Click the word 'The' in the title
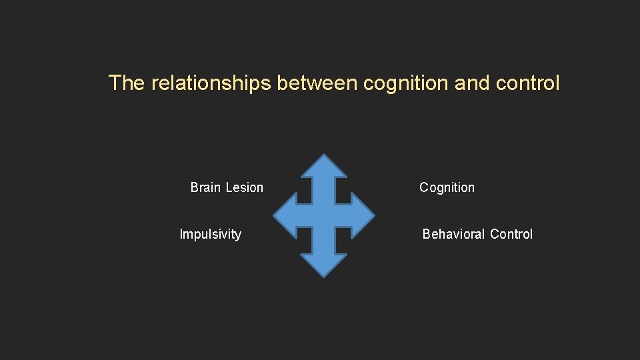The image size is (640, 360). pyautogui.click(x=127, y=83)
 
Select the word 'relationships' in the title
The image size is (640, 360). pyautogui.click(x=211, y=83)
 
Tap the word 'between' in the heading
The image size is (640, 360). pyautogui.click(x=317, y=83)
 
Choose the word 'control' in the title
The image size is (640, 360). pyautogui.click(x=528, y=83)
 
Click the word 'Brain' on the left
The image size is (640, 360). pyautogui.click(x=205, y=187)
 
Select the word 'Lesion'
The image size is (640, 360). pyautogui.click(x=244, y=187)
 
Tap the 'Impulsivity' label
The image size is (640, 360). pyautogui.click(x=211, y=234)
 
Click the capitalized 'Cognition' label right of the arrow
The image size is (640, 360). pyautogui.click(x=447, y=188)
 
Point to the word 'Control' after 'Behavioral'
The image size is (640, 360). pyautogui.click(x=511, y=234)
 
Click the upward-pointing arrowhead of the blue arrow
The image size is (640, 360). pyautogui.click(x=324, y=167)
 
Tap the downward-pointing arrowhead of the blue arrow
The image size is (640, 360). pyautogui.click(x=324, y=265)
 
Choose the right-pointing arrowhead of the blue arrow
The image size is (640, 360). pyautogui.click(x=363, y=216)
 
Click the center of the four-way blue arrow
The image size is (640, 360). pyautogui.click(x=324, y=216)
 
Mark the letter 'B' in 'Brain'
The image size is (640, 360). pyautogui.click(x=195, y=187)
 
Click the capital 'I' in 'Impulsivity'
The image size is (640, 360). pyautogui.click(x=181, y=234)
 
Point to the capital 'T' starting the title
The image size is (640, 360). pyautogui.click(x=115, y=83)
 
